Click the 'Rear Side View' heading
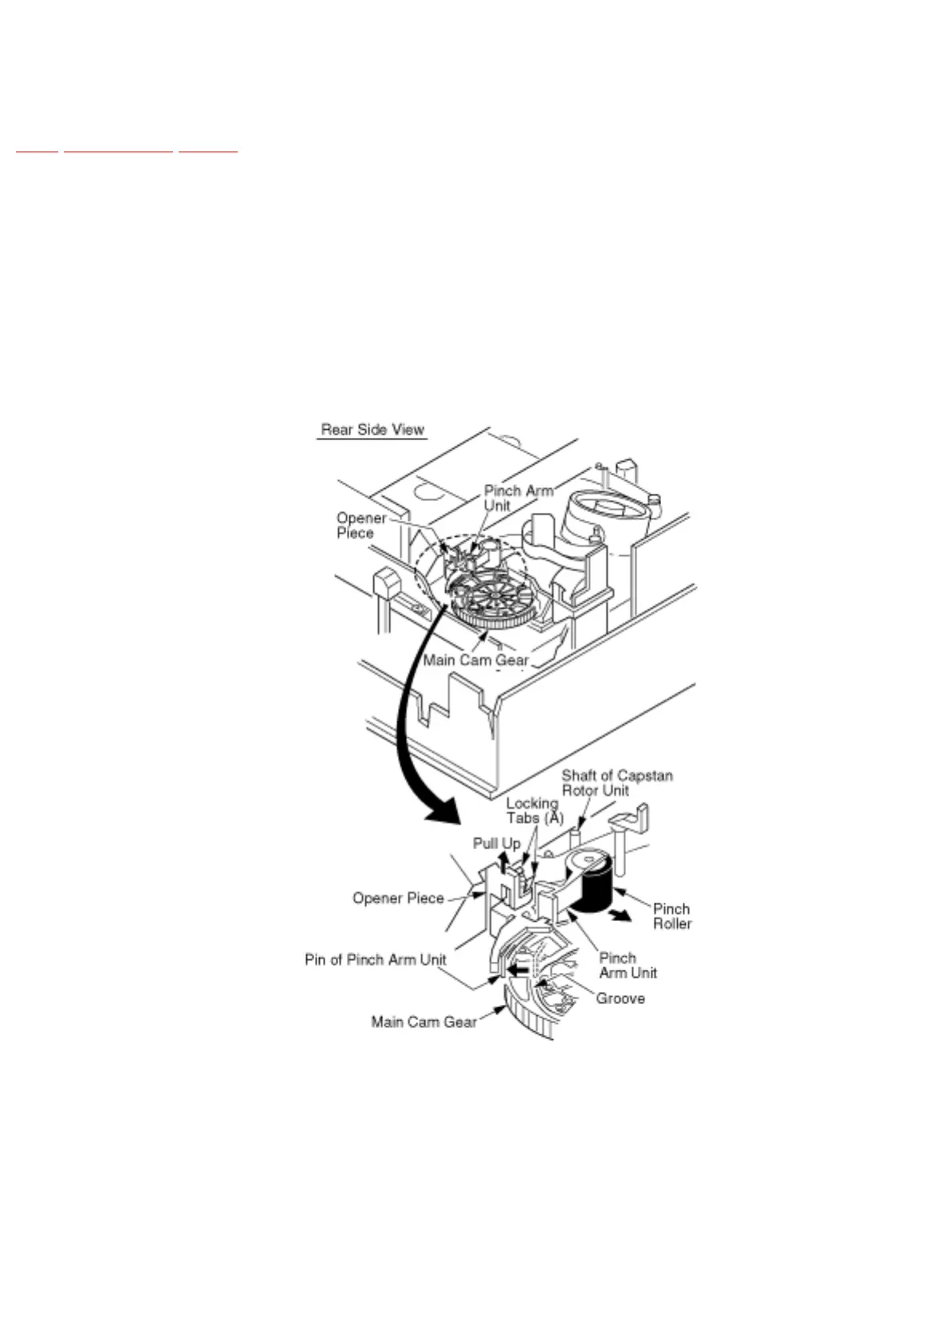(x=372, y=429)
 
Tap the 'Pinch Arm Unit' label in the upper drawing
(x=518, y=498)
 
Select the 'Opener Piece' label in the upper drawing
(x=360, y=526)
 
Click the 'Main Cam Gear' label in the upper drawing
(x=475, y=660)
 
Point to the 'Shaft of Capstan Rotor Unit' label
(x=616, y=782)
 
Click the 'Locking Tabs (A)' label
(x=534, y=810)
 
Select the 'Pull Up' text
(x=496, y=843)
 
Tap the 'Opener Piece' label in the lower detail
(x=398, y=898)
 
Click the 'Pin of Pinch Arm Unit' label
(x=375, y=959)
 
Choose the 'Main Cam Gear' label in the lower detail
(x=423, y=1022)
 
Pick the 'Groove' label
(x=620, y=998)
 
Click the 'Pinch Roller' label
(x=671, y=916)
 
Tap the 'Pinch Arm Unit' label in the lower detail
(x=628, y=965)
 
